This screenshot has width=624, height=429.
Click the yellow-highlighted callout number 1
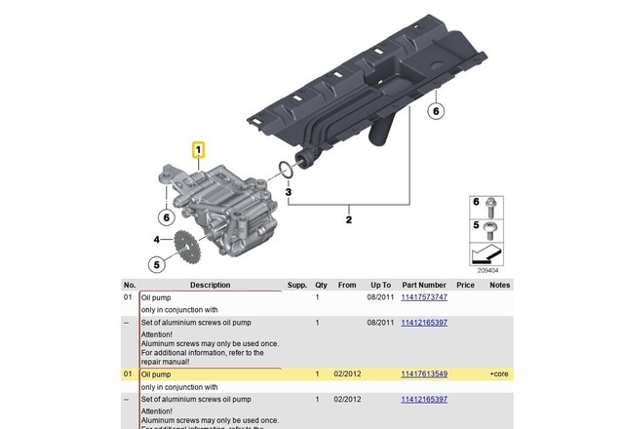point(199,150)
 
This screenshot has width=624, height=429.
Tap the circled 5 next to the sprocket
point(156,262)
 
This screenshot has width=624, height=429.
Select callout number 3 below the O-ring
point(288,192)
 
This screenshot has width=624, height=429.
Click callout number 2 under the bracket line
point(348,220)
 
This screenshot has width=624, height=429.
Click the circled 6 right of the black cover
point(436,110)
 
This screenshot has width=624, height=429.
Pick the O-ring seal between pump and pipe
point(283,172)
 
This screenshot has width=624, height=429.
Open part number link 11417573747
point(424,296)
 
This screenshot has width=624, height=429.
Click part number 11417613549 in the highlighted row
point(424,373)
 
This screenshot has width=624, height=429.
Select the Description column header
point(211,285)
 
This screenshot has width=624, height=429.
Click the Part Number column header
point(424,285)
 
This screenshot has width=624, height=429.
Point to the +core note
point(499,373)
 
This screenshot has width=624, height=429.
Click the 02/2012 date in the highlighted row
point(348,373)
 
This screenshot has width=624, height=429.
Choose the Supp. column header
point(296,285)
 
